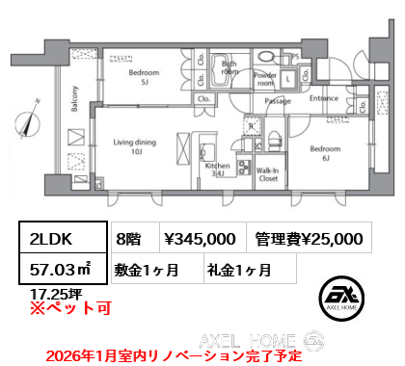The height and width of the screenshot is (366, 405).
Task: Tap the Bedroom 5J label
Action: tap(144, 77)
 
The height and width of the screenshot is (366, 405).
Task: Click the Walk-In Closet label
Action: tap(268, 174)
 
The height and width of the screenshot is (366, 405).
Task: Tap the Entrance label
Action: tap(323, 99)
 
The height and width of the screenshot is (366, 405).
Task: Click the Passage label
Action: tap(278, 100)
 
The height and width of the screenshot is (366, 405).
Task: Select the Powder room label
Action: tap(265, 79)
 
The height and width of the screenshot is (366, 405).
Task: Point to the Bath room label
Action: tap(229, 68)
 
